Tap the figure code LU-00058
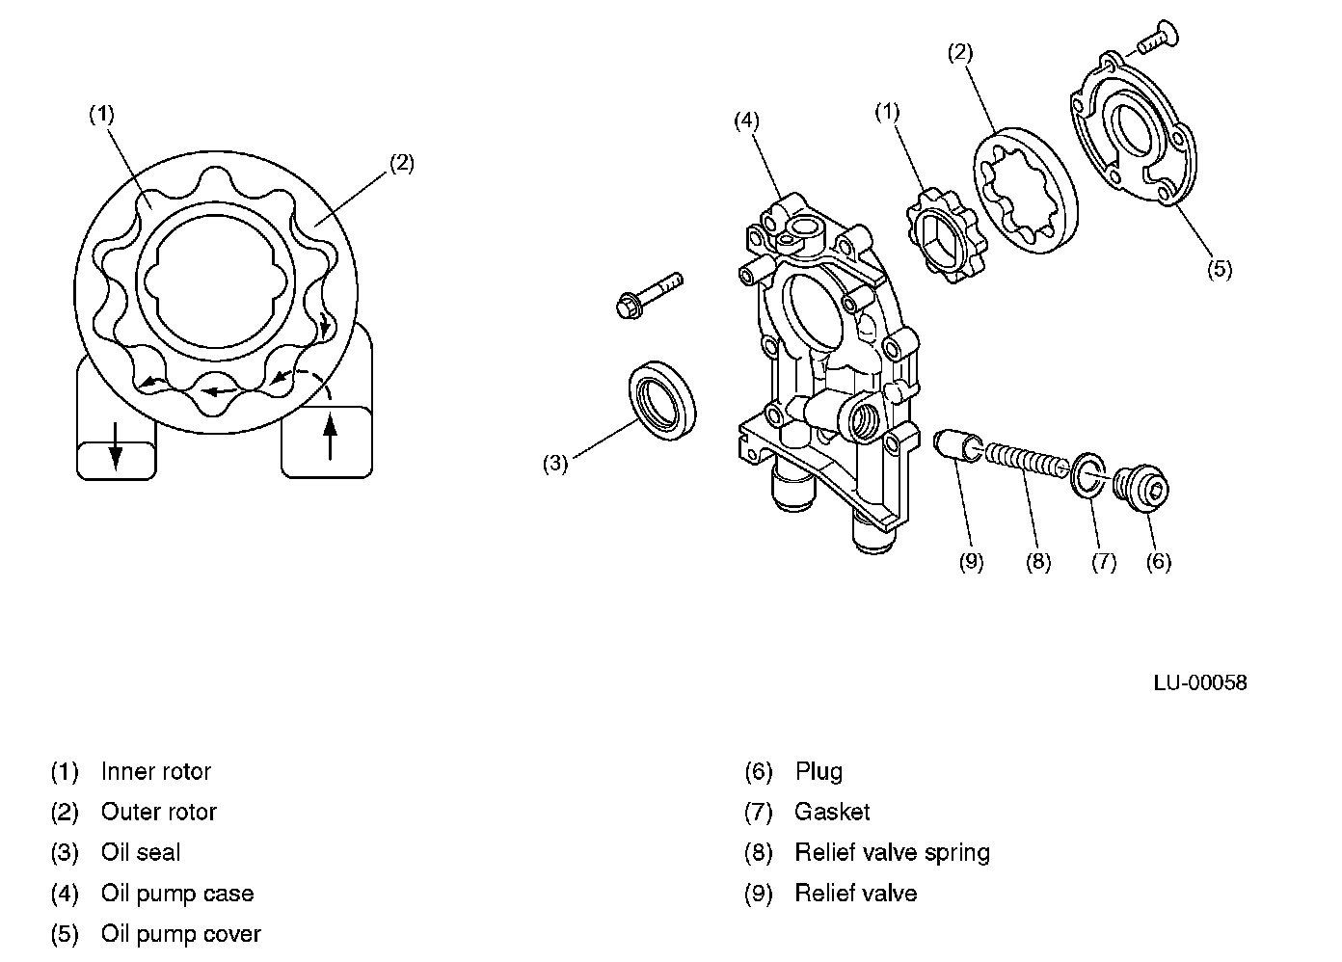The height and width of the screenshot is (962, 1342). click(1199, 682)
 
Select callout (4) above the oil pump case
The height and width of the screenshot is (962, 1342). click(746, 120)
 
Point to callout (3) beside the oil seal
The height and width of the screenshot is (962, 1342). click(554, 463)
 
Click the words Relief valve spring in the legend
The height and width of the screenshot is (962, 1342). click(892, 853)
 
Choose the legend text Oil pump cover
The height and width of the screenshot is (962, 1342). click(180, 934)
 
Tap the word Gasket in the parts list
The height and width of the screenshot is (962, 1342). click(832, 813)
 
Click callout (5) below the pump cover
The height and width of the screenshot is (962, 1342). click(1219, 269)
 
